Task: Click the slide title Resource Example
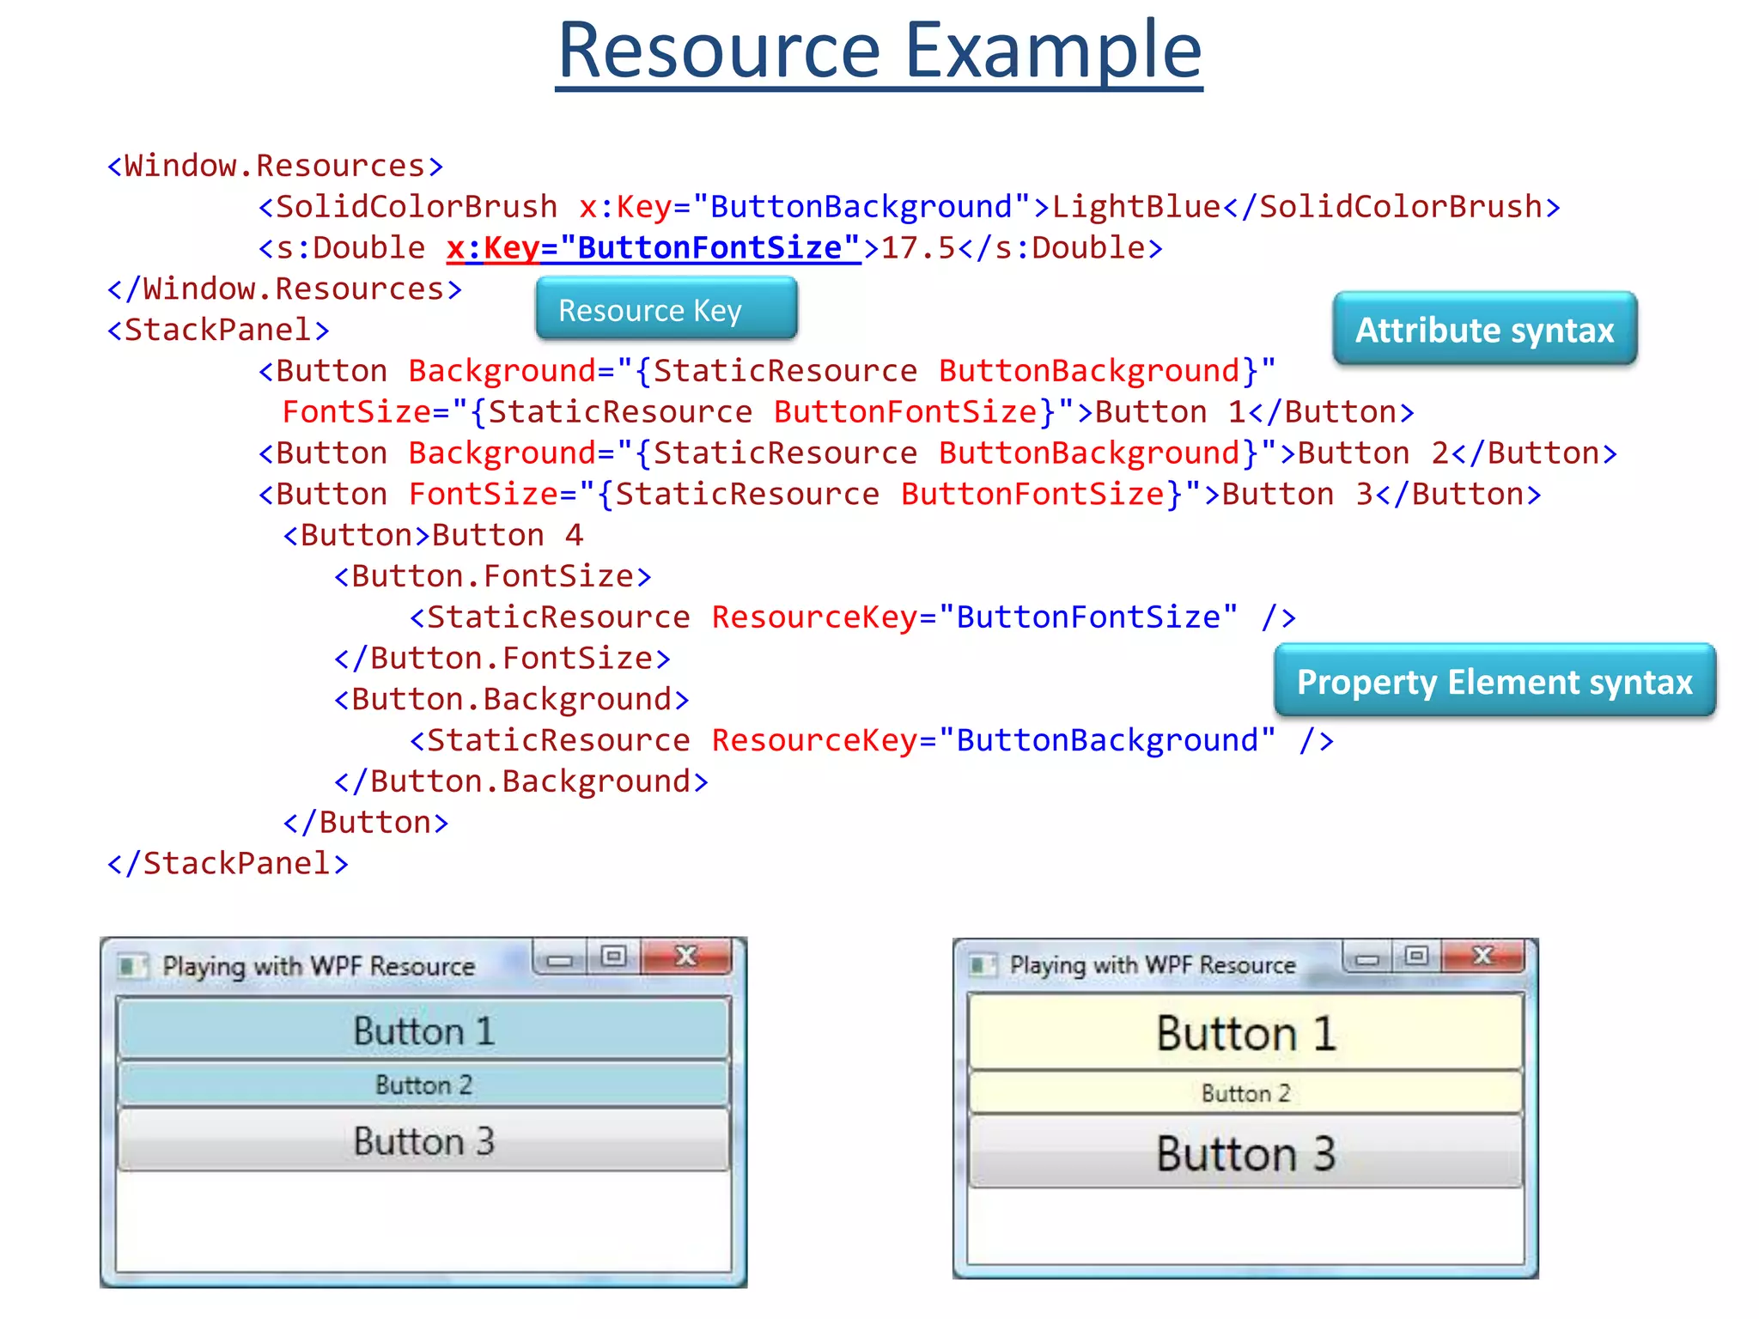pos(879,52)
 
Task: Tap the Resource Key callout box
pos(666,310)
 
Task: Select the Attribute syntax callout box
pos(1484,330)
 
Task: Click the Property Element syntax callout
pos(1494,682)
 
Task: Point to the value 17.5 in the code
pos(918,248)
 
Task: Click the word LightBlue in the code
pos(1135,207)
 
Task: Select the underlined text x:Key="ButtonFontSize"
pos(653,248)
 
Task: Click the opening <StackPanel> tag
pos(218,330)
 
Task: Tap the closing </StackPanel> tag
pos(228,863)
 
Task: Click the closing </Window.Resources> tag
pos(284,289)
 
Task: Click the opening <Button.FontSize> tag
pos(492,576)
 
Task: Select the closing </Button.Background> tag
pos(520,781)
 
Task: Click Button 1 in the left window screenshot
pos(423,1030)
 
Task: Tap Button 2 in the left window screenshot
pos(423,1085)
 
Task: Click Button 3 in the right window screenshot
pos(1245,1152)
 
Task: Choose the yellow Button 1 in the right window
pos(1245,1032)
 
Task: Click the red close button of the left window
pos(686,957)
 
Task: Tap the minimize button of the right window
pos(1367,957)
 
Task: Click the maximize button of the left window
pos(613,957)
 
